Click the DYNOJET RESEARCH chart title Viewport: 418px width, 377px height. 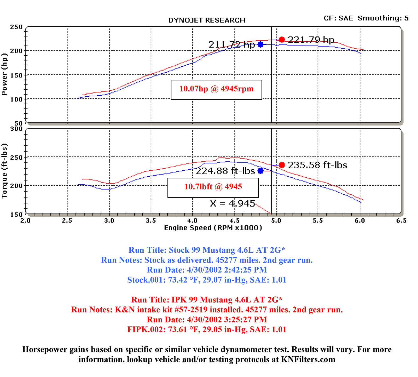tap(207, 20)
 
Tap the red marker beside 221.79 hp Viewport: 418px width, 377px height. tap(282, 40)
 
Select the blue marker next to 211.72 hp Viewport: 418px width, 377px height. tap(260, 44)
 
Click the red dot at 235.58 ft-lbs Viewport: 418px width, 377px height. tap(282, 165)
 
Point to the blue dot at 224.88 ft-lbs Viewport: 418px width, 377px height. tap(260, 171)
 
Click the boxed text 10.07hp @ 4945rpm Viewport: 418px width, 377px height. tap(216, 89)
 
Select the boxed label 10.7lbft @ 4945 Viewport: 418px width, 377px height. tap(213, 187)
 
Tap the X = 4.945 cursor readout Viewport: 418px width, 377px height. tap(232, 203)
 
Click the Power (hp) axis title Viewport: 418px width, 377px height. tap(4, 74)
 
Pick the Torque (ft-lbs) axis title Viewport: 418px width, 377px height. tap(4, 171)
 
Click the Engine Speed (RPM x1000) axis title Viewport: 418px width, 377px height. tap(213, 228)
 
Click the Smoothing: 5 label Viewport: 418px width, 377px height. tap(383, 18)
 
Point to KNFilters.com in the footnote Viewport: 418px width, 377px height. tap(308, 359)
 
